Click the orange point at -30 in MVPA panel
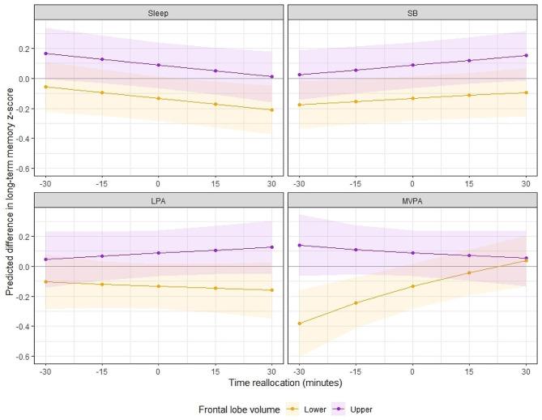tap(299, 324)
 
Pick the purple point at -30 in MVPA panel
tap(299, 245)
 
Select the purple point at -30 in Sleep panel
tap(45, 54)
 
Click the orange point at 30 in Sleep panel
tap(271, 110)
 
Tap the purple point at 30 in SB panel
tap(526, 55)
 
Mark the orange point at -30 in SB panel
tap(299, 105)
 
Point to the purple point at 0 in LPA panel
tap(158, 253)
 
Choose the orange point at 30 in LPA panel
tap(271, 290)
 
